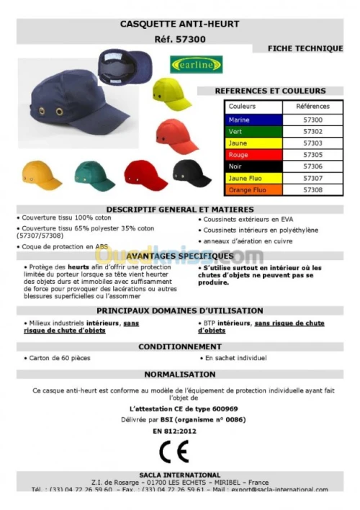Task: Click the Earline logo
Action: click(x=197, y=64)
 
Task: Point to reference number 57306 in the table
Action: click(x=312, y=166)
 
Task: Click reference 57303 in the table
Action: click(x=312, y=143)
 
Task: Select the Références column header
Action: click(x=312, y=107)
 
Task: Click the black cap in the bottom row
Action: click(x=192, y=173)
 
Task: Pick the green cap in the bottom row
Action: click(x=94, y=174)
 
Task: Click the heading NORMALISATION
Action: click(x=179, y=375)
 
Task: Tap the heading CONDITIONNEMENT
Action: click(x=179, y=346)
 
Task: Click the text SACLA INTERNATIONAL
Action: click(x=181, y=475)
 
